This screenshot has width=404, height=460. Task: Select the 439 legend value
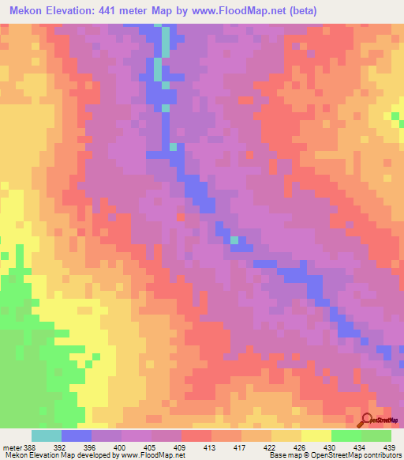click(388, 447)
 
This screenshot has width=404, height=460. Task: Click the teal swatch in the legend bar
click(47, 435)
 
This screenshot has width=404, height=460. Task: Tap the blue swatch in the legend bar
click(77, 435)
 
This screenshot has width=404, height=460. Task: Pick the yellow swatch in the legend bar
click(316, 435)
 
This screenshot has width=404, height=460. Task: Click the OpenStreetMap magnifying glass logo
click(368, 419)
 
